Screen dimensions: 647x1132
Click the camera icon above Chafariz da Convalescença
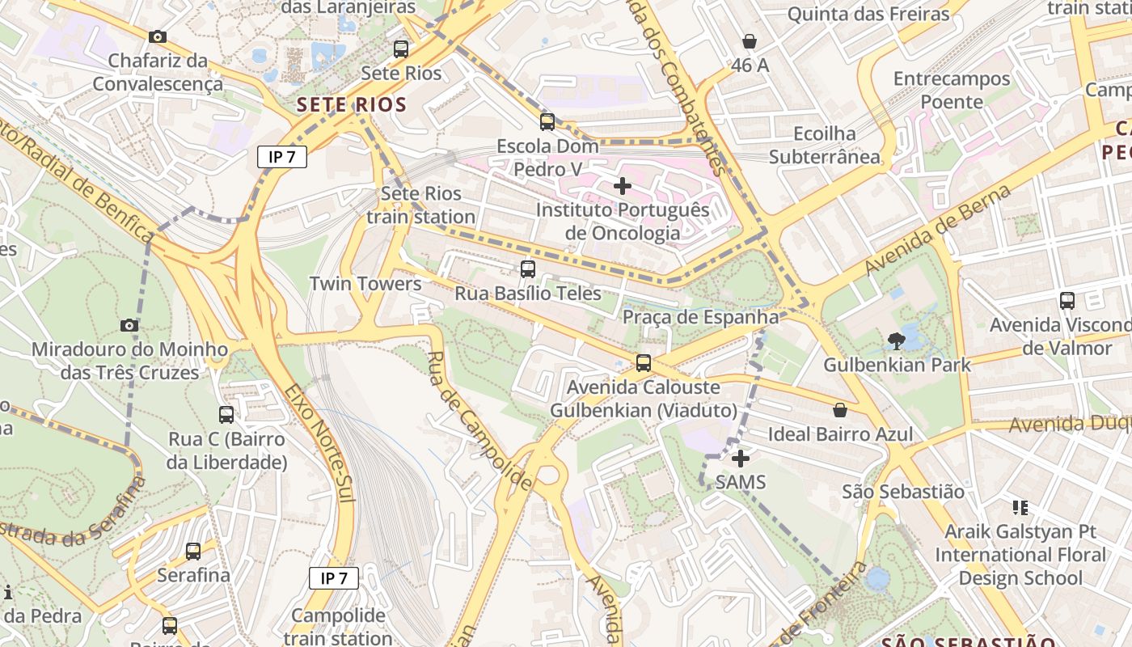coord(158,36)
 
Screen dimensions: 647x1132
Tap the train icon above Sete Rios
coord(401,49)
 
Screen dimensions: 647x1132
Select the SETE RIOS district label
coord(351,104)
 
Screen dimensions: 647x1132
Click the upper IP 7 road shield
coord(282,157)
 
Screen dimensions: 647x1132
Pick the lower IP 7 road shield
coord(334,577)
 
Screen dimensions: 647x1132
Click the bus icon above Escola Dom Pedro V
coord(547,122)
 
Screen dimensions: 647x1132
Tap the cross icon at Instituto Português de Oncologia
coord(622,186)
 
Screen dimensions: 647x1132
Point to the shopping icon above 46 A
coord(750,41)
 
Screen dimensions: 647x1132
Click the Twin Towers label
coord(365,284)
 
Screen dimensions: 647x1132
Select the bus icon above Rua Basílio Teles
coord(528,269)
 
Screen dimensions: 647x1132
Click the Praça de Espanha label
coord(700,316)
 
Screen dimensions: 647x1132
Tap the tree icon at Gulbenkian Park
coord(897,341)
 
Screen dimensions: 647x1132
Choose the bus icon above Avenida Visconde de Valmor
coord(1067,301)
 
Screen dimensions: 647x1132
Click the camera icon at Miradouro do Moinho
coord(129,325)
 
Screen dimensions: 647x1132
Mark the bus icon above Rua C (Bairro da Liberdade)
coord(226,415)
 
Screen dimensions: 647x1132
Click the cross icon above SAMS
coord(740,459)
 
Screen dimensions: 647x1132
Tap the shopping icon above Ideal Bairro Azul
coord(840,410)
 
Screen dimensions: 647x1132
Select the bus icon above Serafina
coord(193,552)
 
